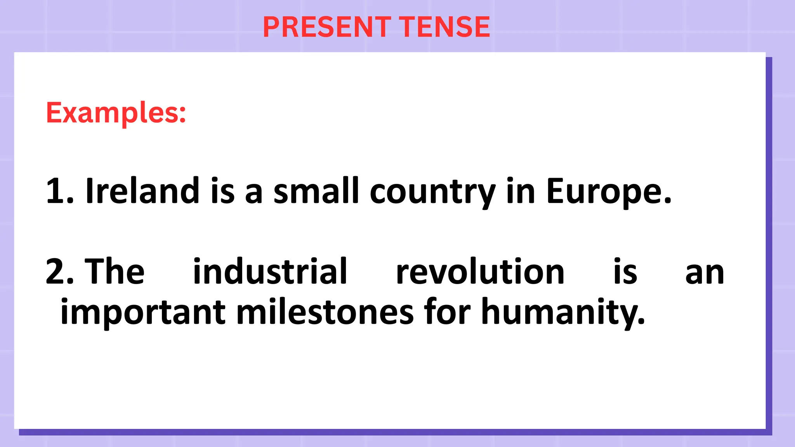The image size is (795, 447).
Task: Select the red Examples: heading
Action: tap(116, 113)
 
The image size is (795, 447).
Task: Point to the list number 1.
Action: tap(59, 191)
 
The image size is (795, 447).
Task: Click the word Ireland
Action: tap(142, 191)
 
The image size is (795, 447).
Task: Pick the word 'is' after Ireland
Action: tap(223, 191)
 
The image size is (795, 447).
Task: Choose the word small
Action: tap(316, 191)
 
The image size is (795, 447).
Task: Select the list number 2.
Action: tap(59, 271)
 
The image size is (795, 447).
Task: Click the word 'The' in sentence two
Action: tap(115, 271)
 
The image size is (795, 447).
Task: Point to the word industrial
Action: tap(270, 271)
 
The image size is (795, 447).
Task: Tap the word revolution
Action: tap(480, 271)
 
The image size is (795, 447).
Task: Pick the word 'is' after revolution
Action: tap(625, 271)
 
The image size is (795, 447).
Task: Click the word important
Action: tap(143, 312)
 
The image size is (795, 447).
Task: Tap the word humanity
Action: tap(562, 312)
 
